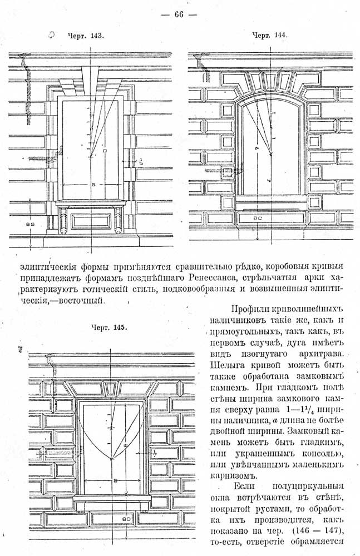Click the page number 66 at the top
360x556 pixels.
[179, 14]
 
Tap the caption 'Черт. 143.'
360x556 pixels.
[86, 36]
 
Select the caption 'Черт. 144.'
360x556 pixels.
[269, 34]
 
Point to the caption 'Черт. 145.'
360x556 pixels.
[109, 327]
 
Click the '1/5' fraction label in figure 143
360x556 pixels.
[141, 161]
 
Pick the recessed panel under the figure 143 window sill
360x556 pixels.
[91, 221]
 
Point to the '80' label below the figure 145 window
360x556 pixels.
[127, 519]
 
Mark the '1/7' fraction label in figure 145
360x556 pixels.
[155, 453]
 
